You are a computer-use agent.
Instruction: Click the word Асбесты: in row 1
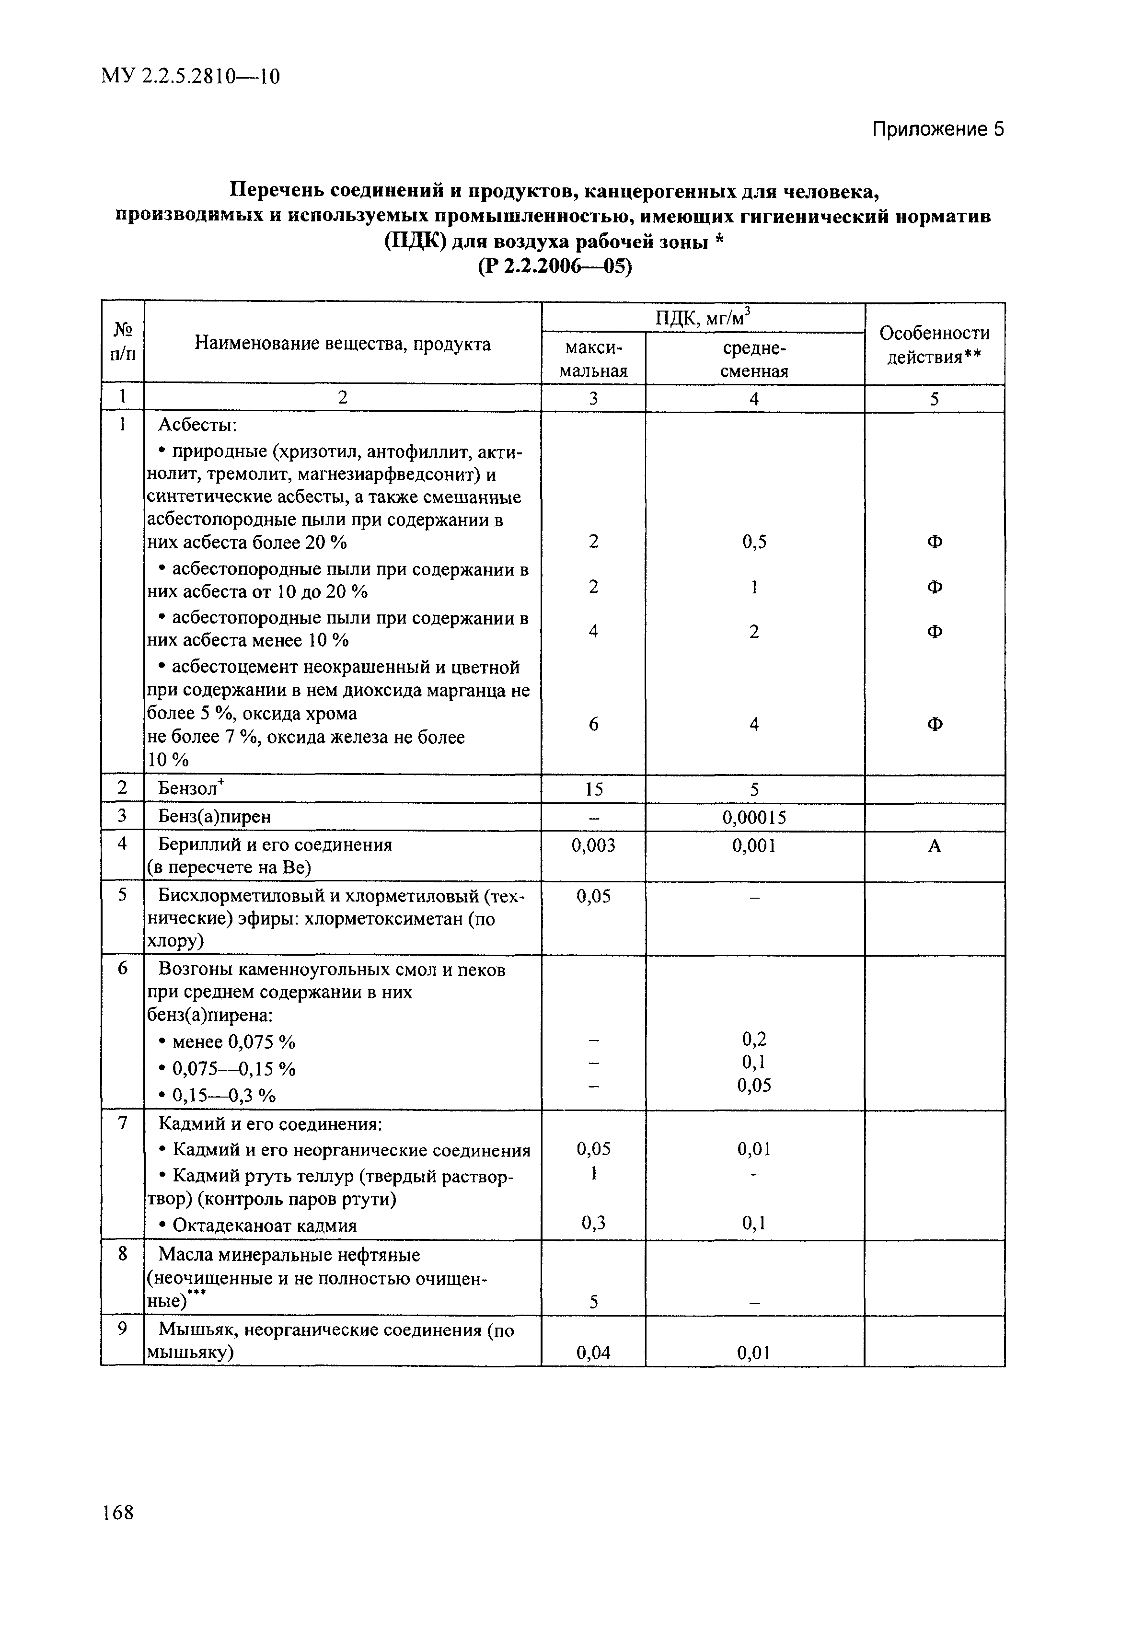pos(197,425)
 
